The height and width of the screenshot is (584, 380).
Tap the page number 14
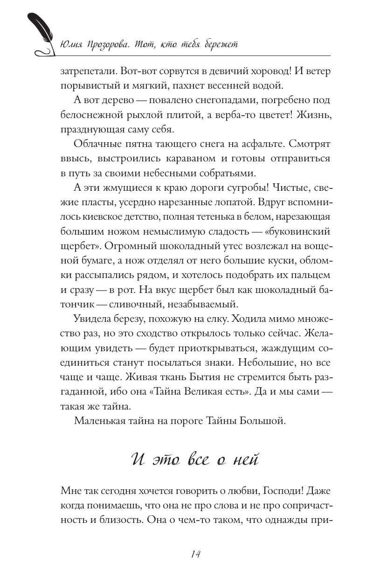pos(196,554)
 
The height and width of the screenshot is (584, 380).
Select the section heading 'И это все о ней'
pos(195,459)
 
